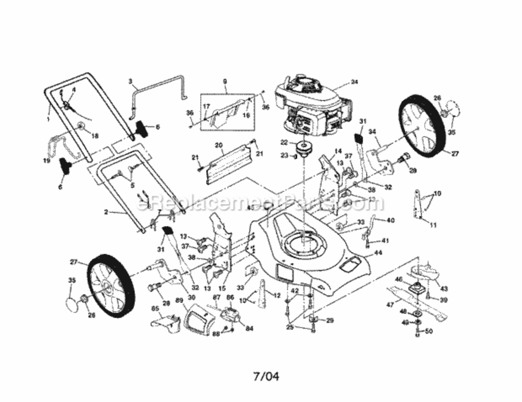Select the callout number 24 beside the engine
(354, 82)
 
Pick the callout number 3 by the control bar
(130, 81)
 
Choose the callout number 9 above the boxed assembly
(225, 81)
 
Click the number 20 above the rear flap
(218, 145)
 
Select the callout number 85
(155, 308)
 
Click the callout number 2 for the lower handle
(107, 212)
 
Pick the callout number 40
(390, 220)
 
